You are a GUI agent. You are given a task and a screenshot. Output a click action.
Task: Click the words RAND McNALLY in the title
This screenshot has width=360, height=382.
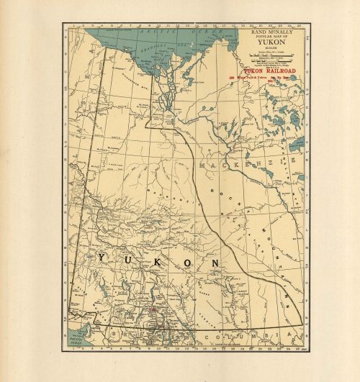tap(273, 32)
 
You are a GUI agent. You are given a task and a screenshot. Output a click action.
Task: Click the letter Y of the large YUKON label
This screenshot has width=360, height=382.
tap(102, 258)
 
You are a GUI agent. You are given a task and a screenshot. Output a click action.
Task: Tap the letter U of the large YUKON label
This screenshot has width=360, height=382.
tap(127, 260)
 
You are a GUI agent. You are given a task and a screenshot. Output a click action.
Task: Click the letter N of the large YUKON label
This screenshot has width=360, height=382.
tap(214, 265)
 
